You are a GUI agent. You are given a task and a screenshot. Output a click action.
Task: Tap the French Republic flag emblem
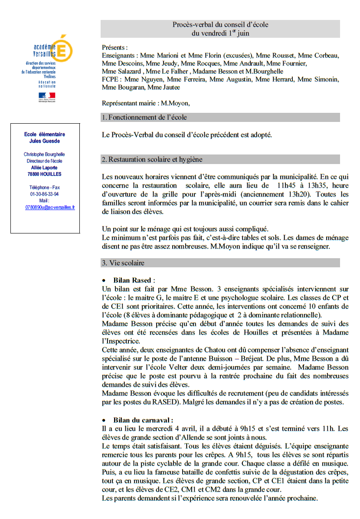click(x=47, y=95)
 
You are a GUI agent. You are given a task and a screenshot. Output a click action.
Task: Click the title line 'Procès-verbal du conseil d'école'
click(x=220, y=24)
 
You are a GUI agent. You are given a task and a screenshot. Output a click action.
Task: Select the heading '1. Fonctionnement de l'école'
click(x=144, y=117)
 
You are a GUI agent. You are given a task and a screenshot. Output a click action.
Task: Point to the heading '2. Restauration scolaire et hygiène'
click(x=152, y=159)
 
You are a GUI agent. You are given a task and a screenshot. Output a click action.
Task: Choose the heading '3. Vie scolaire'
click(x=123, y=263)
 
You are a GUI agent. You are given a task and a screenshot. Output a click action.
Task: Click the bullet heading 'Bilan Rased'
click(x=134, y=280)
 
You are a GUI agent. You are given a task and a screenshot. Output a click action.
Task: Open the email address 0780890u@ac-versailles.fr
click(x=50, y=207)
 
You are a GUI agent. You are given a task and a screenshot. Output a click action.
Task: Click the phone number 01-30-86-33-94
click(x=45, y=194)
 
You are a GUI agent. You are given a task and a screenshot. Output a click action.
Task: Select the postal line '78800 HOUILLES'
click(x=45, y=174)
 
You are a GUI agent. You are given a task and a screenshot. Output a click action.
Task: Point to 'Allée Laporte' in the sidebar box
click(x=45, y=168)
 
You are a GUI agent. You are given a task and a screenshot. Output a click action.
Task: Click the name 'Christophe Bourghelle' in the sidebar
click(x=45, y=154)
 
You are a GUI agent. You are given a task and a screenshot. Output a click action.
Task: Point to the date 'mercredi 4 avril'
click(x=153, y=428)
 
